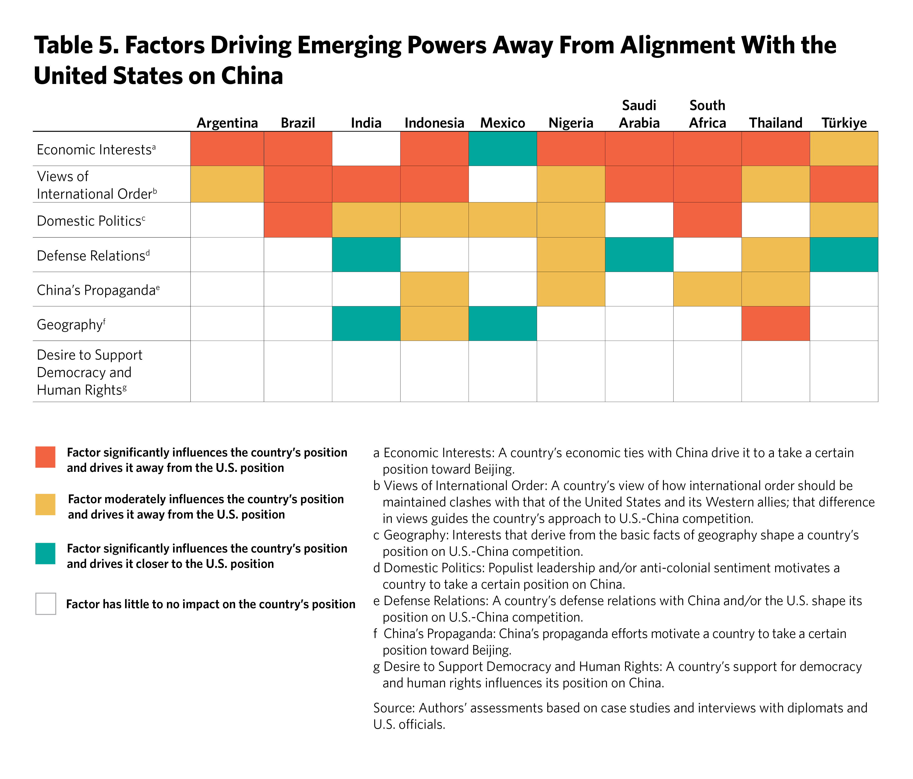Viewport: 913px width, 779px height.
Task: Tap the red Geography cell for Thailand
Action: click(776, 324)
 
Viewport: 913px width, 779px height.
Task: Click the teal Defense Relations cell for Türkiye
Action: click(844, 255)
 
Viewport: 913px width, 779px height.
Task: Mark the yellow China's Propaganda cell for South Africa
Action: click(707, 289)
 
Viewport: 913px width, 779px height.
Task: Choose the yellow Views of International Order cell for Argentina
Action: click(227, 184)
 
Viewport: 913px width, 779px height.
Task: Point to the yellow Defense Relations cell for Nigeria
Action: click(571, 255)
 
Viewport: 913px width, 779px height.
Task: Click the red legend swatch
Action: click(45, 457)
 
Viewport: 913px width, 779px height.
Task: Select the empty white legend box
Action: click(45, 604)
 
